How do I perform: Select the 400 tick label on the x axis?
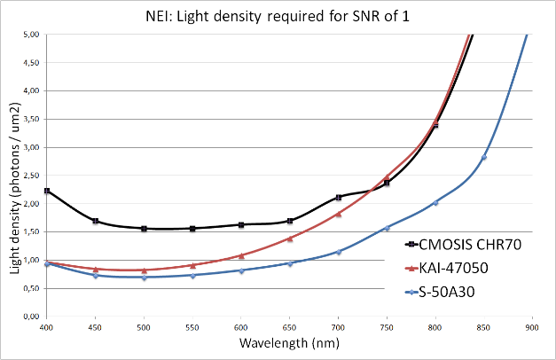tap(46, 326)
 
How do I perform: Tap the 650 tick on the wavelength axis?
tap(289, 326)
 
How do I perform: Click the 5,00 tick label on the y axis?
tap(30, 35)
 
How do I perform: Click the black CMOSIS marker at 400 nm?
tap(47, 191)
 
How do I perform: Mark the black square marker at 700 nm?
tap(339, 198)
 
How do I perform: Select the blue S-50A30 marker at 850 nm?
tap(484, 157)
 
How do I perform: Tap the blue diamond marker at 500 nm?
tap(144, 278)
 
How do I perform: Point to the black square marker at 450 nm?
tap(95, 221)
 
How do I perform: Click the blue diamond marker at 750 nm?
tap(387, 228)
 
